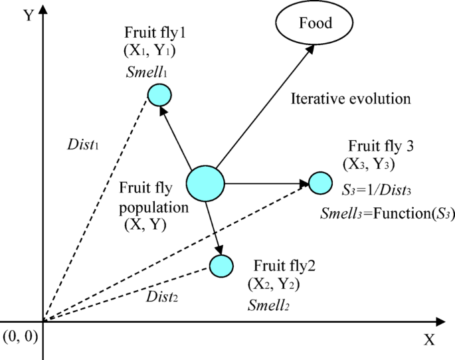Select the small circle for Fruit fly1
tap(159, 96)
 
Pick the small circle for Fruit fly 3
tap(320, 182)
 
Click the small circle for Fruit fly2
tap(221, 266)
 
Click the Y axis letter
tap(29, 15)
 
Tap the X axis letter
tap(429, 340)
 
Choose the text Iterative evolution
tap(351, 99)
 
